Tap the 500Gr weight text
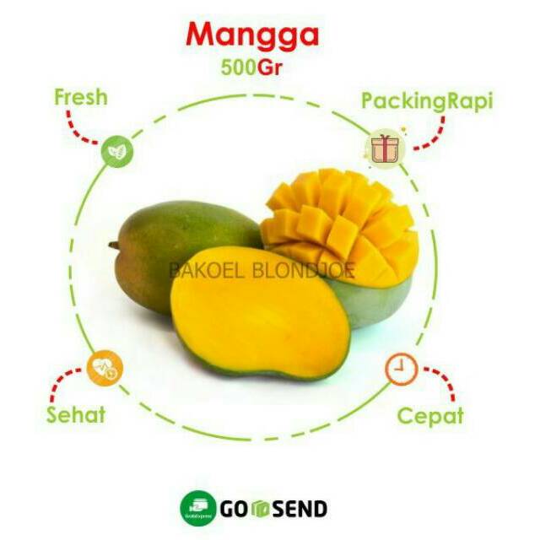click(x=251, y=67)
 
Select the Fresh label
click(x=81, y=96)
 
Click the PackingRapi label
click(x=427, y=101)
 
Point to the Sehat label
click(x=76, y=414)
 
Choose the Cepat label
click(x=430, y=415)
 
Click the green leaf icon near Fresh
click(x=117, y=153)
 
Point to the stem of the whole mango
click(x=113, y=246)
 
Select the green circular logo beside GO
click(x=196, y=508)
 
